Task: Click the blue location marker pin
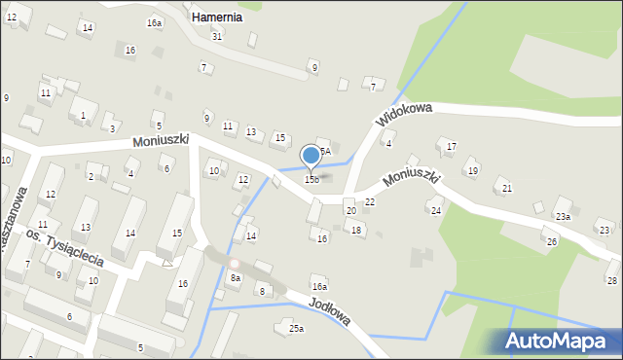coord(311,156)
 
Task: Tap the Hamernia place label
coord(217,18)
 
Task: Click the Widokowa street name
coord(404,116)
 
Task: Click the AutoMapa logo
coord(562,342)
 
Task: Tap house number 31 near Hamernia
coord(217,36)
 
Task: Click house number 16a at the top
coord(155,22)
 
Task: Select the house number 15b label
coord(311,179)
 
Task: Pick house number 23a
coord(563,216)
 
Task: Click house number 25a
coord(296,329)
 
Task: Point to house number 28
coord(611,280)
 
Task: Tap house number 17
coord(451,147)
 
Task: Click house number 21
coord(505,189)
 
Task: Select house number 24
coord(436,211)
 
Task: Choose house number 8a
coord(235,278)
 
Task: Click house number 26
coord(551,241)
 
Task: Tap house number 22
coord(370,201)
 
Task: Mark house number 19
coord(473,171)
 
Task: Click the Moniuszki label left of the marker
coord(161,142)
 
